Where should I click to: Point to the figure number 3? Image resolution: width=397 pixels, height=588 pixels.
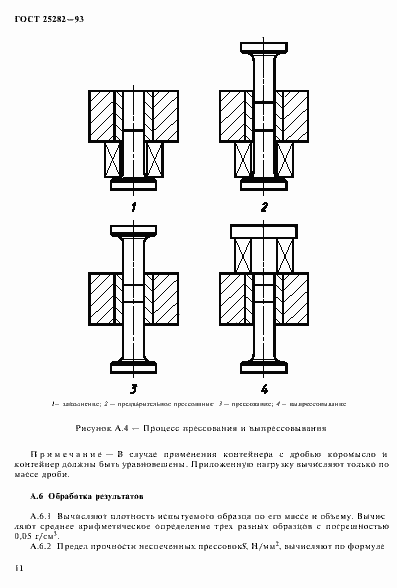(x=132, y=387)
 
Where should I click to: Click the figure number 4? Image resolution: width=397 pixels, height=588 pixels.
(x=264, y=387)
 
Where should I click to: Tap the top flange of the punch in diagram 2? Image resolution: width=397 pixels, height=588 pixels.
(x=263, y=48)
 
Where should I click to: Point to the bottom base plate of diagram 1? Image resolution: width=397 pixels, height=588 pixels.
(x=131, y=184)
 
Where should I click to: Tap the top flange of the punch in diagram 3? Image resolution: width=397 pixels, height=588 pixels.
(x=132, y=231)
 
